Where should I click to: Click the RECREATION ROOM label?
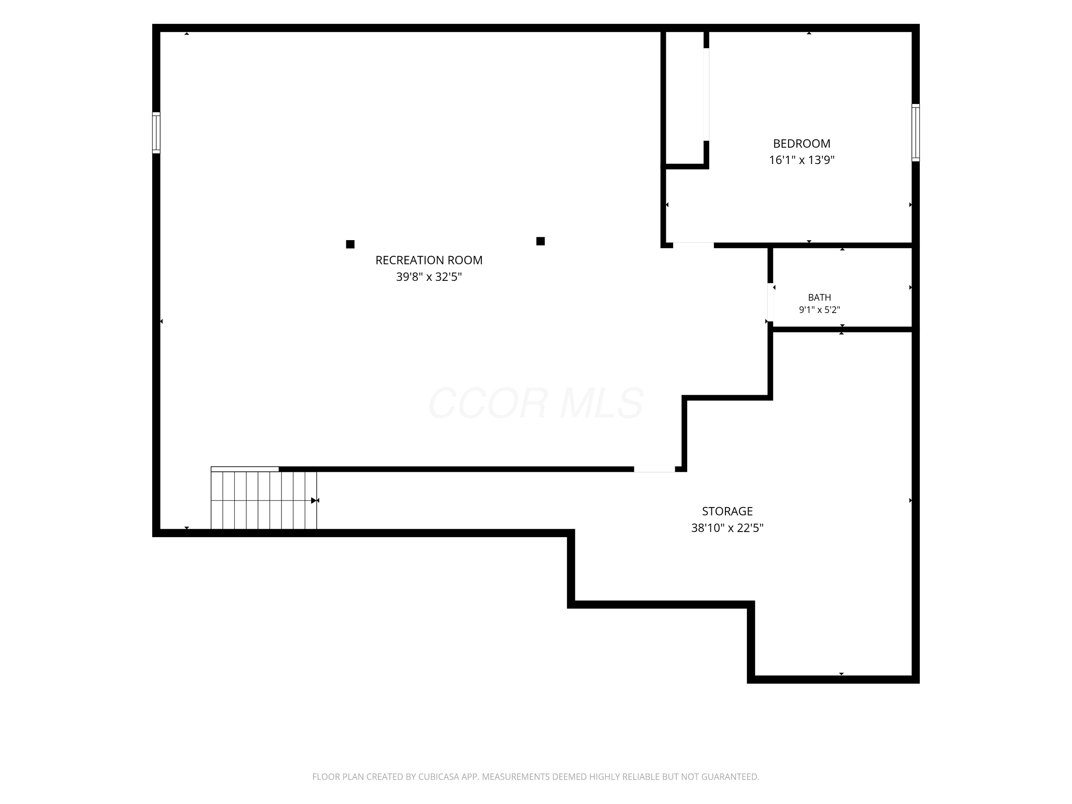click(x=429, y=260)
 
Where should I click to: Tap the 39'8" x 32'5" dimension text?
click(x=429, y=277)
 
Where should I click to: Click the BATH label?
click(x=819, y=298)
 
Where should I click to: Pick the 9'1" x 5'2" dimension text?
click(x=819, y=310)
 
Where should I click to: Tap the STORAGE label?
click(x=728, y=511)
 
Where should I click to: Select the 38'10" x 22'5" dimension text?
click(x=728, y=528)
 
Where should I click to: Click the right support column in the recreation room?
click(x=540, y=241)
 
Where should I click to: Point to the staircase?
click(x=264, y=498)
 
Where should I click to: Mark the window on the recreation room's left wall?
click(x=156, y=133)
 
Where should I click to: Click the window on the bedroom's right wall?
click(x=915, y=132)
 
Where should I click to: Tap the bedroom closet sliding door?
click(x=706, y=94)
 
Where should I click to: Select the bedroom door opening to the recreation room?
click(x=693, y=245)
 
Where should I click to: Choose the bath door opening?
click(x=770, y=302)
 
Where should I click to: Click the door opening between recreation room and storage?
click(x=654, y=469)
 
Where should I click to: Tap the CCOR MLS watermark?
click(x=536, y=403)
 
